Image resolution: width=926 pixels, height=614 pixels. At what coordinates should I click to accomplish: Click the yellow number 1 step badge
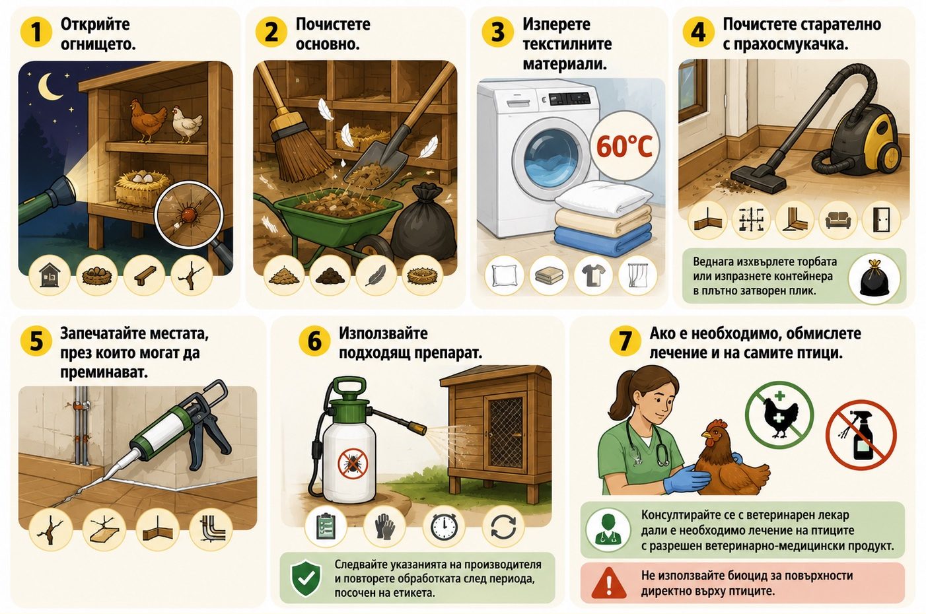click(36, 32)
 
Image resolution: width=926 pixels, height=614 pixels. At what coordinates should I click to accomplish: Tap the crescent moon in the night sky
click(48, 86)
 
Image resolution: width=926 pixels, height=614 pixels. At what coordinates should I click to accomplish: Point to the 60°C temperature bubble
click(625, 146)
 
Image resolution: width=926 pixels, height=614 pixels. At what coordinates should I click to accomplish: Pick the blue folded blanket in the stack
click(603, 241)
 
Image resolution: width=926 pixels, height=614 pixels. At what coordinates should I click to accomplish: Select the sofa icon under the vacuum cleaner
click(838, 221)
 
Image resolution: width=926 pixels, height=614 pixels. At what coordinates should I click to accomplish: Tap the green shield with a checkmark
click(306, 578)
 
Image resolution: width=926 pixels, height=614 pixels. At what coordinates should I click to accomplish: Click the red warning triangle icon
click(609, 583)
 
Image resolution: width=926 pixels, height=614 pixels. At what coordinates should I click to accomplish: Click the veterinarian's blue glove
click(686, 479)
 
